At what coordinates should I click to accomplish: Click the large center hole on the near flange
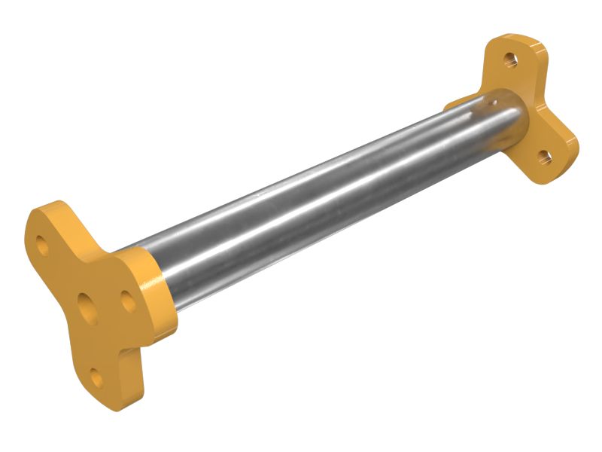[88, 308]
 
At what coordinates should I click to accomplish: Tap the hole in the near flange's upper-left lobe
[44, 246]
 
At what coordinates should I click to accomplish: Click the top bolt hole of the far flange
[511, 58]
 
